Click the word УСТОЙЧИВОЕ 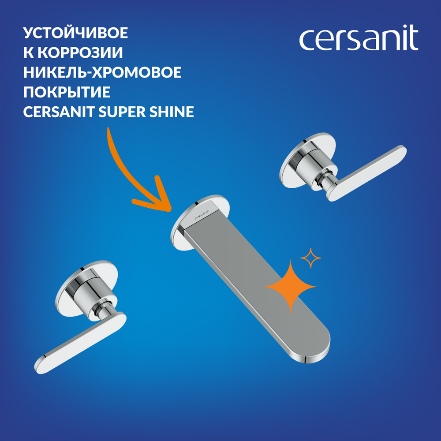coord(76,33)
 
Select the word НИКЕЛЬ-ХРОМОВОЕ coord(102,72)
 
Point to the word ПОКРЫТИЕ coord(67,92)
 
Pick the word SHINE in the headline coord(172,112)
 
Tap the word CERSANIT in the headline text coord(59,112)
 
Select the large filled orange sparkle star coord(291,287)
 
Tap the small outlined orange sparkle coord(310,258)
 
